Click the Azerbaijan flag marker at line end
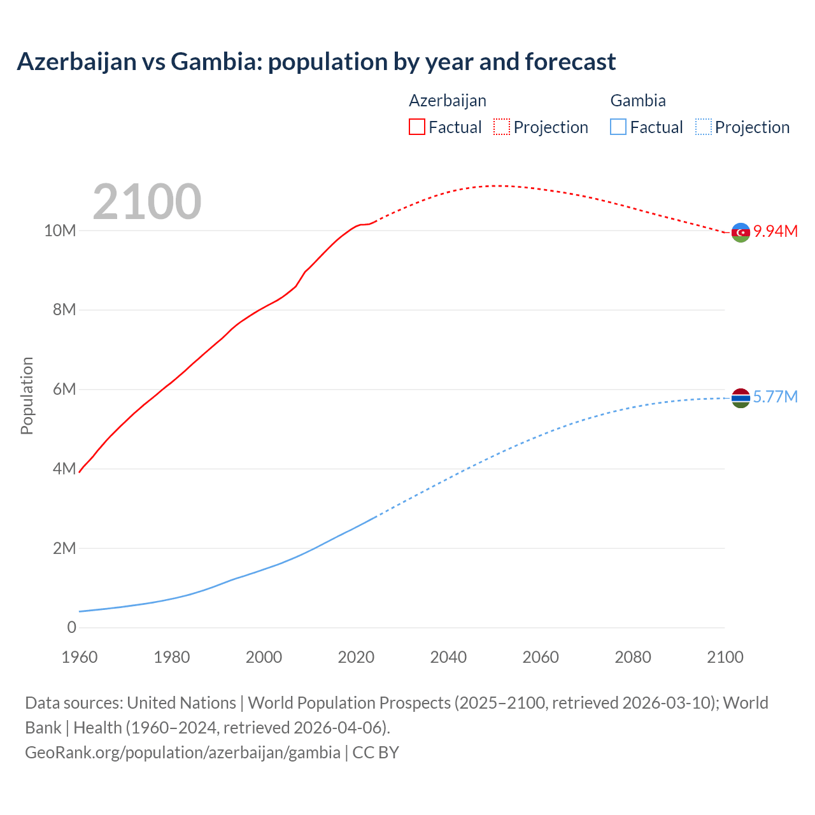(741, 232)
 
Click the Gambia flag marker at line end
(741, 398)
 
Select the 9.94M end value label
(776, 231)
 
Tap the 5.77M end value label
(776, 397)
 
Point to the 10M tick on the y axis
(60, 230)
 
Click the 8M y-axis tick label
(64, 310)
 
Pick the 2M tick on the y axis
(64, 548)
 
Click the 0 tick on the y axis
(71, 627)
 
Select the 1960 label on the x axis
(80, 657)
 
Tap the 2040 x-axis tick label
(448, 657)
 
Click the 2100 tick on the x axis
(725, 657)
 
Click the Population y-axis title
(27, 395)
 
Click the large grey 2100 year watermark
(147, 202)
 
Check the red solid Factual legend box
(416, 127)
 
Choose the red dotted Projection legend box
(502, 127)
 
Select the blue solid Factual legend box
(618, 127)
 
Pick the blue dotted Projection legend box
(703, 127)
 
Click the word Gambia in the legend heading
(638, 101)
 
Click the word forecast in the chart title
(570, 62)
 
